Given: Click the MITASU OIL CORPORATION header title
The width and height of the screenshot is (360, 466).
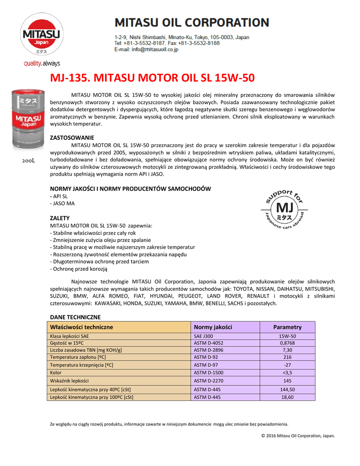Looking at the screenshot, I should point(191,22).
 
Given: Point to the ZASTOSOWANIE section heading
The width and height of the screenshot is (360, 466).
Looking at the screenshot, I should point(72,137).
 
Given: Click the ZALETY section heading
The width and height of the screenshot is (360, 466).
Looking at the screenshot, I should point(60,218).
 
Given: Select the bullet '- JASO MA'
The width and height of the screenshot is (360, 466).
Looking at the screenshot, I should point(62,203).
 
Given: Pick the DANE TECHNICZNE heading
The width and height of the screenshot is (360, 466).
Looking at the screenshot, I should point(75,317).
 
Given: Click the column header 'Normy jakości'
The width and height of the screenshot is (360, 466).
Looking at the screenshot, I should point(213,327).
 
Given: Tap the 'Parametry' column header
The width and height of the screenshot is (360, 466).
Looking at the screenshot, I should point(287,327).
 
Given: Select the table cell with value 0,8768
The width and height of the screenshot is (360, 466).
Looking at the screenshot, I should point(287,343).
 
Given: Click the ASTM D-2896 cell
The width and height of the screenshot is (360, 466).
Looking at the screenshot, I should point(209,350).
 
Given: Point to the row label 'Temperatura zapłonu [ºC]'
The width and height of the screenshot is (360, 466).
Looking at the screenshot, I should point(78,358).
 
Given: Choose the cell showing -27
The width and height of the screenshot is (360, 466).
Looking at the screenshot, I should point(287,365).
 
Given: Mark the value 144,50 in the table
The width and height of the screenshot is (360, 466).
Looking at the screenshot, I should point(287,390).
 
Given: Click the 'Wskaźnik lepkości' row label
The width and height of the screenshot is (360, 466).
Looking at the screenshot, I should point(69,380).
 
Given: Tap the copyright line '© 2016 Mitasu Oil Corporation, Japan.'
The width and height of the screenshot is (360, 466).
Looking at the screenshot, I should point(298,436).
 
